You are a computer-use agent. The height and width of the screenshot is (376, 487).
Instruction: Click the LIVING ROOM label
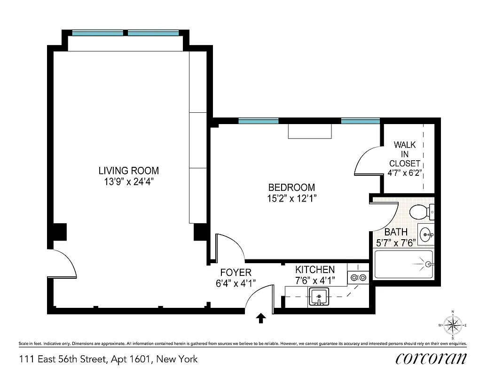click(x=128, y=171)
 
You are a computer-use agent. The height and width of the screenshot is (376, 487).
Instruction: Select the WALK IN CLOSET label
click(x=405, y=154)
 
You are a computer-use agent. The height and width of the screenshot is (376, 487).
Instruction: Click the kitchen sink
click(x=320, y=297)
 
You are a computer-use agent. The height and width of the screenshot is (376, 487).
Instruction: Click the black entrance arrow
click(x=260, y=319)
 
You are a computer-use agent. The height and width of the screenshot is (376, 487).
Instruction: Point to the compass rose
click(x=452, y=325)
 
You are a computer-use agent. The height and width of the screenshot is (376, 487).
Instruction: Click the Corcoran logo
click(x=431, y=359)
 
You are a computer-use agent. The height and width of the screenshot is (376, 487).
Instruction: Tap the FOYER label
click(x=236, y=273)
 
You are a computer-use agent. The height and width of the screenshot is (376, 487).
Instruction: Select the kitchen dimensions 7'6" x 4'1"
click(x=314, y=281)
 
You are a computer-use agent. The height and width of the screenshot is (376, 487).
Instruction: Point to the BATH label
click(x=395, y=232)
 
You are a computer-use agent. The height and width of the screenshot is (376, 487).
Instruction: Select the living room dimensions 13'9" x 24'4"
click(x=128, y=181)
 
